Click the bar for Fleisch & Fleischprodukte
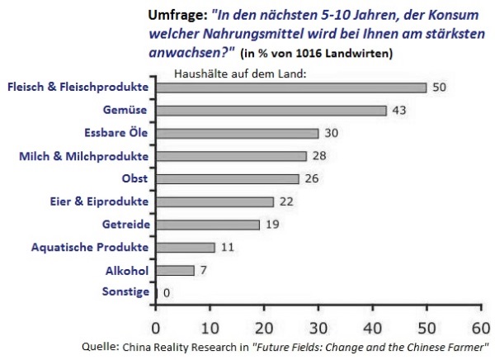coord(291,88)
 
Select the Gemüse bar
coord(271,111)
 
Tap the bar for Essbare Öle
coord(237,134)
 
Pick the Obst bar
coord(228,179)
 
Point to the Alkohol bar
coord(175,271)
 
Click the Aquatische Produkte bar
coord(186,248)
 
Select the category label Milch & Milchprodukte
coord(83,156)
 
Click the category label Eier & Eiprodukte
coord(99,201)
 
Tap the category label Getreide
coord(126,225)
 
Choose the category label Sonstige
coord(125,291)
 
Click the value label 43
coord(399,111)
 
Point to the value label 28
coord(319,156)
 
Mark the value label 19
coord(272,225)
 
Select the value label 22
coord(286,201)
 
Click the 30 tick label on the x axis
coord(318,329)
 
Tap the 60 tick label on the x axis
coord(481,329)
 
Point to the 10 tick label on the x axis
coord(210,329)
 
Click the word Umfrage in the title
coord(177,16)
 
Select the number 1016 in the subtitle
coord(309,54)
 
